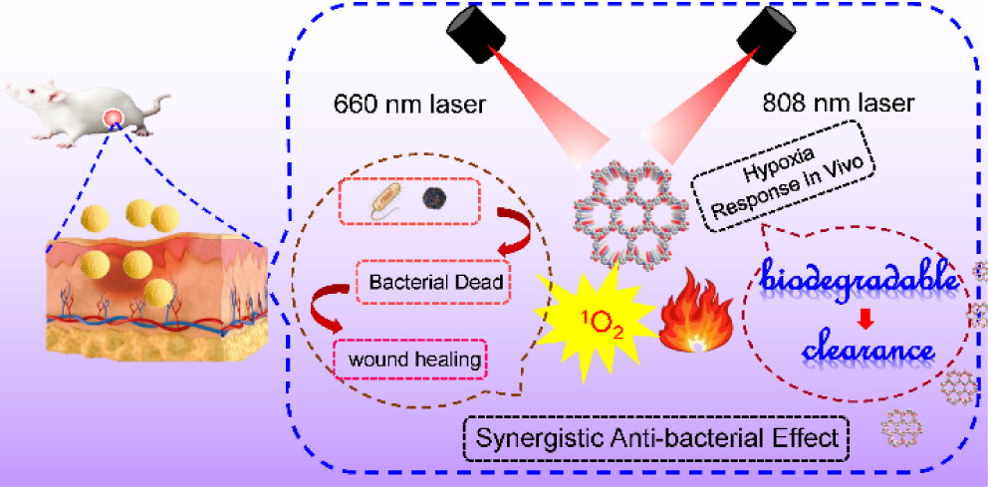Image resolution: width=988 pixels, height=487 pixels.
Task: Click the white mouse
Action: tap(75, 110)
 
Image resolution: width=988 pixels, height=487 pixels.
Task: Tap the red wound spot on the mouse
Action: tap(116, 120)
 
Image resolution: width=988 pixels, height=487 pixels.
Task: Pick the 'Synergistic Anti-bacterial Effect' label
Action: tap(656, 436)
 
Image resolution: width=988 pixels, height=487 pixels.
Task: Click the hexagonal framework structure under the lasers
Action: tap(627, 214)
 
